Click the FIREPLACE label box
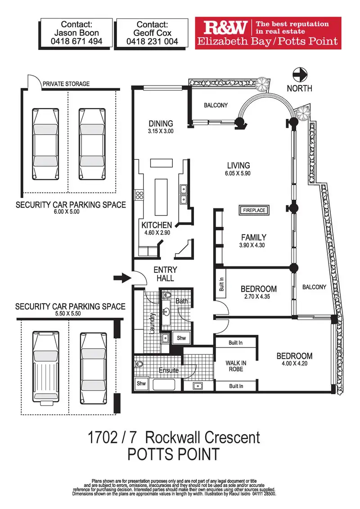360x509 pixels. tap(254, 210)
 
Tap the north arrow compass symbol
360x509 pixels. tap(300, 73)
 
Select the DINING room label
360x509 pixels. tap(161, 124)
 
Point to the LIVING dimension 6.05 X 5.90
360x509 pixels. tap(238, 173)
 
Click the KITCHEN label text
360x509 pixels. tap(157, 225)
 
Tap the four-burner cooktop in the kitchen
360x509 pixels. tap(139, 195)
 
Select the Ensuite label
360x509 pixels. tap(169, 370)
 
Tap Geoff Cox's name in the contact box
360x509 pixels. tap(152, 33)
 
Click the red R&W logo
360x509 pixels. tap(225, 29)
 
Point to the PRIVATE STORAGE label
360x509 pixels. tap(66, 84)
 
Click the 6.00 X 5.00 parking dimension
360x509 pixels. tap(67, 212)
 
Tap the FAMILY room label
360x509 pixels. tap(254, 237)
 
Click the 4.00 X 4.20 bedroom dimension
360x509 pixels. tap(295, 363)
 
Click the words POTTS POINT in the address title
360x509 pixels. tap(174, 454)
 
